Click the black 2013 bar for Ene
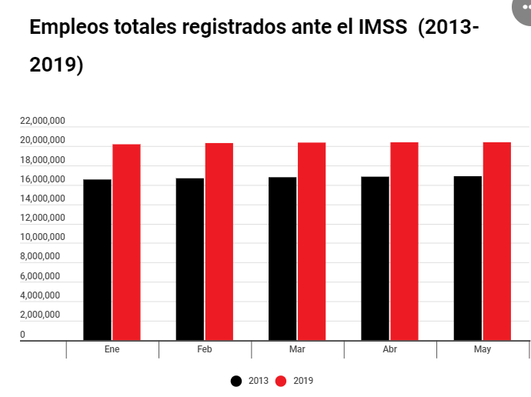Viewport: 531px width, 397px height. click(97, 259)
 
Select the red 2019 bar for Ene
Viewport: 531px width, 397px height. click(126, 242)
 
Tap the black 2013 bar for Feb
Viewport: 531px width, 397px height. click(190, 259)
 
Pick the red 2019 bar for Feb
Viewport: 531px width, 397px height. click(219, 241)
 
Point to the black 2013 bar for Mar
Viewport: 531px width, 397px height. click(282, 259)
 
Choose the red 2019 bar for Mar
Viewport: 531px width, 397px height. click(312, 241)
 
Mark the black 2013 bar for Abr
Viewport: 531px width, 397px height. click(375, 258)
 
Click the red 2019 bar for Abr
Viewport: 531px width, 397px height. click(404, 241)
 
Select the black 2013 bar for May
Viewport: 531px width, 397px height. click(468, 258)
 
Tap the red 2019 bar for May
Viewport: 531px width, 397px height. click(497, 241)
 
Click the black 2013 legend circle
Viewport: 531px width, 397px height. click(237, 381)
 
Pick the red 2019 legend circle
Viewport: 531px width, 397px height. click(282, 381)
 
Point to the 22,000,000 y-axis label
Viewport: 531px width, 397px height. click(42, 121)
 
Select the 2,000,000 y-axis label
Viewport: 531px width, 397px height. click(42, 315)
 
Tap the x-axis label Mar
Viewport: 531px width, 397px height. click(296, 349)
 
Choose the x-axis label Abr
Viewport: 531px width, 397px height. click(389, 349)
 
